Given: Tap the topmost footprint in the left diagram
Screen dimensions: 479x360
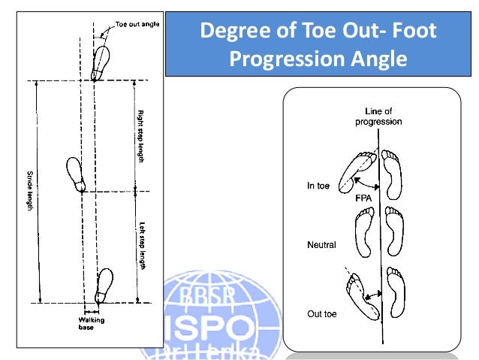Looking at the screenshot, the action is pos(101,61).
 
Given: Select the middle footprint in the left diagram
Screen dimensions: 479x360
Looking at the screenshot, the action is pos(77,175).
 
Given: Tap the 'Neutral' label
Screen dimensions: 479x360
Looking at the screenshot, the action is pos(321,245).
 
